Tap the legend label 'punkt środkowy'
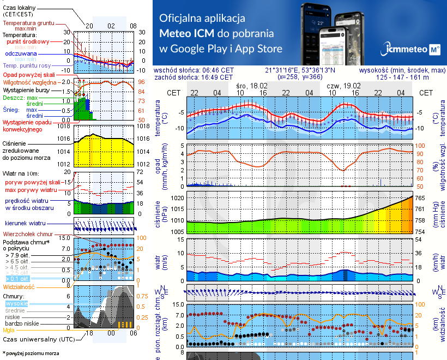click(x=28, y=41)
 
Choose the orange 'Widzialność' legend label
click(x=19, y=286)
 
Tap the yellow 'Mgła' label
click(x=9, y=330)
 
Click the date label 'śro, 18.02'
click(x=252, y=86)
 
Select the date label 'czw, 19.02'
click(x=344, y=86)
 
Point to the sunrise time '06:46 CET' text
click(x=218, y=70)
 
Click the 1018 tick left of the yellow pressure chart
click(x=64, y=127)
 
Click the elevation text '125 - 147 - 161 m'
click(x=410, y=77)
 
